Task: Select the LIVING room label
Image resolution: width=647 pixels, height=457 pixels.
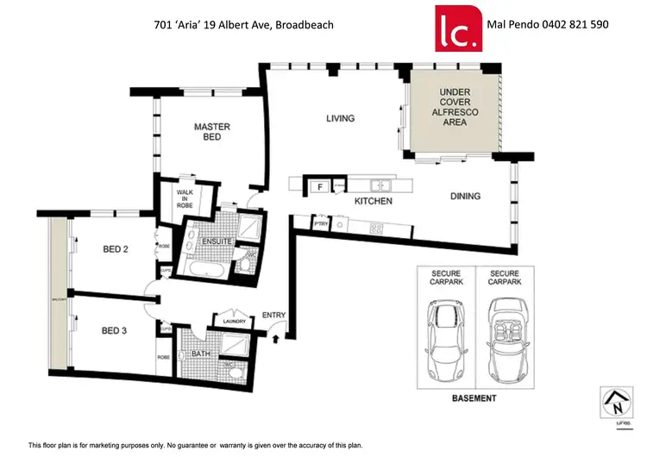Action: point(340,119)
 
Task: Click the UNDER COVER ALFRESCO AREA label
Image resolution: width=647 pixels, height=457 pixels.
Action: point(454,107)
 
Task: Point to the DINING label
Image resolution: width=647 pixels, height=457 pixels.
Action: point(465,197)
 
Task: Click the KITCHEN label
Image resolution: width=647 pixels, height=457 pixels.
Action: point(374,201)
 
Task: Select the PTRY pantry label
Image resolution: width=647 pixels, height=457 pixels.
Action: point(322,223)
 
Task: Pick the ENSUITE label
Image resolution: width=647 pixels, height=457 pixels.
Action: point(217,241)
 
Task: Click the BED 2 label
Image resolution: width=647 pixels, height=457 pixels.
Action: point(115,250)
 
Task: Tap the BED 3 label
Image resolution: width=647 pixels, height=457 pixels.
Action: point(115,330)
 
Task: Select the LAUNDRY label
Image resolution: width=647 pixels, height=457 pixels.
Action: point(233,322)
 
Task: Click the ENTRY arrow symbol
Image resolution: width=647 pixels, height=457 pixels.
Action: point(275,338)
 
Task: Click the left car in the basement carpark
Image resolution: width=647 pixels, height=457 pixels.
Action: point(445,335)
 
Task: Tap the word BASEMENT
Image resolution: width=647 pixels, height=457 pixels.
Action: point(474,398)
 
